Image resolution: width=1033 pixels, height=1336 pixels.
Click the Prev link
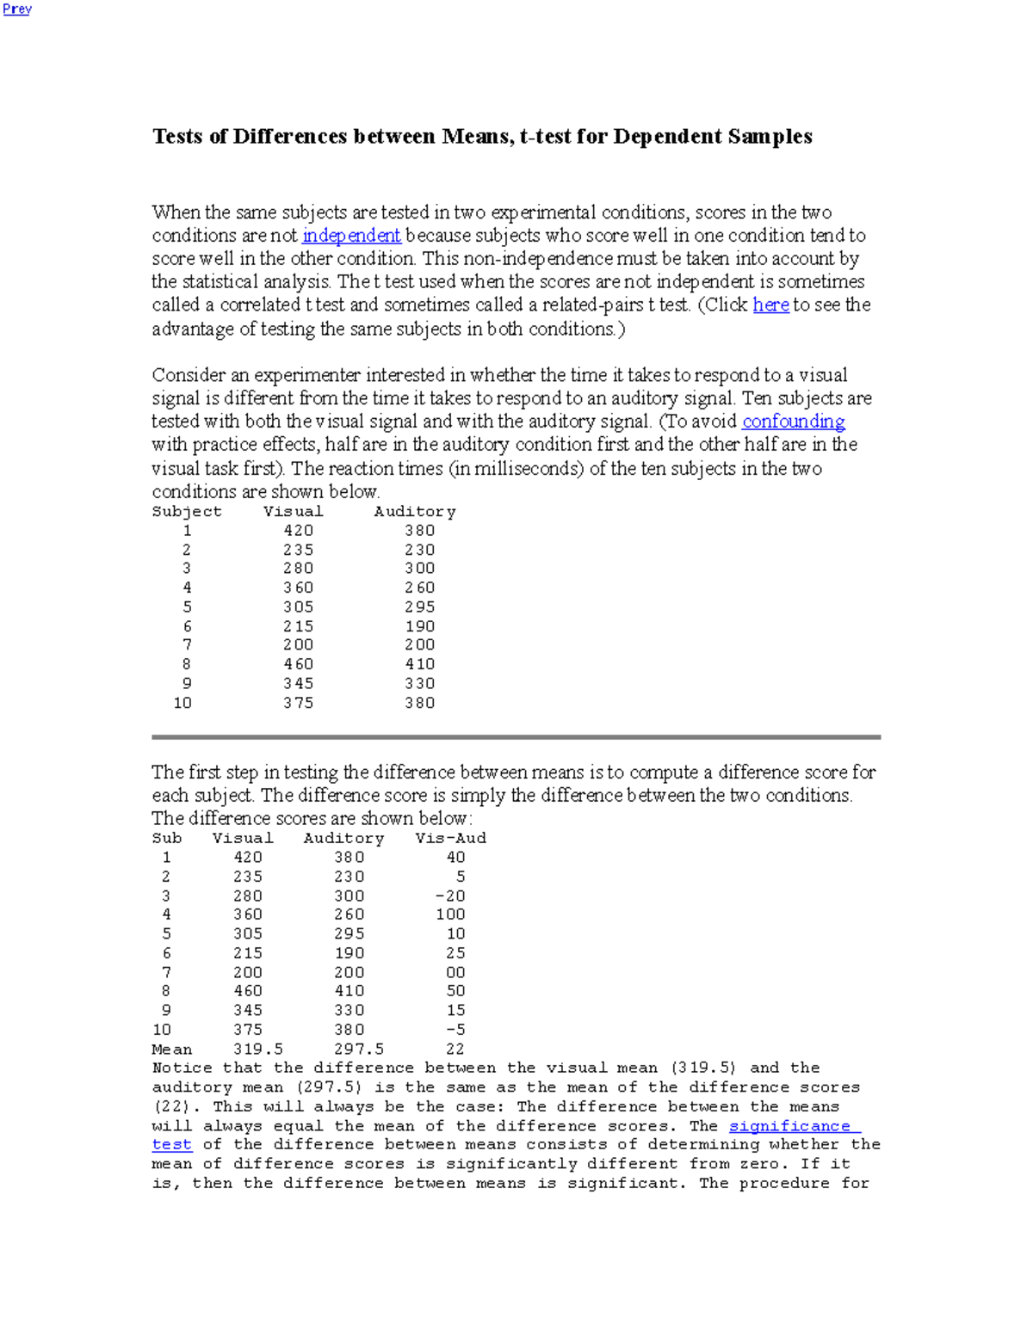coord(17,9)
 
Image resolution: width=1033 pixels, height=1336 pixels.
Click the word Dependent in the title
coord(667,137)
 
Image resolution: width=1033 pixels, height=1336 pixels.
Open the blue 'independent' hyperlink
coord(351,236)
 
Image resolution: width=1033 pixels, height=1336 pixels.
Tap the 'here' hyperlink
coord(770,305)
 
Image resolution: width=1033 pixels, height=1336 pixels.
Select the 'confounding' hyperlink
coord(793,422)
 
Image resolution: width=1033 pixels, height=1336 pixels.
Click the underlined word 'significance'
coord(789,1126)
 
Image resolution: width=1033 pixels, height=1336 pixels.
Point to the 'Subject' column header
coord(187,512)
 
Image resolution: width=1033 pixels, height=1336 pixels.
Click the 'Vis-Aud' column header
coord(450,839)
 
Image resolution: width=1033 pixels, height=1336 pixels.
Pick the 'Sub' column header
coord(167,839)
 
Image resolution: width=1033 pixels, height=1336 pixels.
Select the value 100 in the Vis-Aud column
coord(450,914)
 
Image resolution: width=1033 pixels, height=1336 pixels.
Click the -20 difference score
coord(450,896)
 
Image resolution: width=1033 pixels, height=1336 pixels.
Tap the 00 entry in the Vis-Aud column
coord(455,972)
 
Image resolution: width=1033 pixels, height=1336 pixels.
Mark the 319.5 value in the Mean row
coord(258,1049)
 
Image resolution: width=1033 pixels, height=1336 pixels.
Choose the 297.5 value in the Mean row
coord(359,1049)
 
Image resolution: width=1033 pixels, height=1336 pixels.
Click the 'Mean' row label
coord(172,1049)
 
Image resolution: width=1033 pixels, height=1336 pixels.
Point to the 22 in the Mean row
coord(455,1049)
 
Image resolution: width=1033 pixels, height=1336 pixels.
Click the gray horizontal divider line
coord(516,737)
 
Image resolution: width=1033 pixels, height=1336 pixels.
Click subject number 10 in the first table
coord(182,703)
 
